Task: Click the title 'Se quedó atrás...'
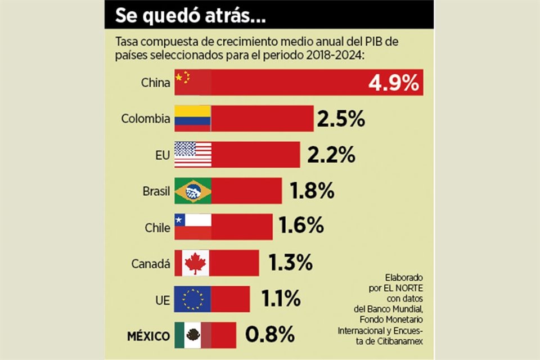(191, 16)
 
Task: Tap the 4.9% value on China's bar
(394, 83)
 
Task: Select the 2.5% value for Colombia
(341, 119)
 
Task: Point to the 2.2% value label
(331, 154)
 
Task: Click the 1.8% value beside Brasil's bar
(312, 191)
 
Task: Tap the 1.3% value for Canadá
(289, 263)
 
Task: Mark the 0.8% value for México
(270, 335)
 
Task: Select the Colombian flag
(192, 118)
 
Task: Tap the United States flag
(193, 154)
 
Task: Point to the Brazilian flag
(193, 191)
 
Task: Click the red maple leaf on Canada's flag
(195, 263)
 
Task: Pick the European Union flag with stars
(193, 299)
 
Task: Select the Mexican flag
(193, 335)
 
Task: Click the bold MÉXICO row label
(148, 336)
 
